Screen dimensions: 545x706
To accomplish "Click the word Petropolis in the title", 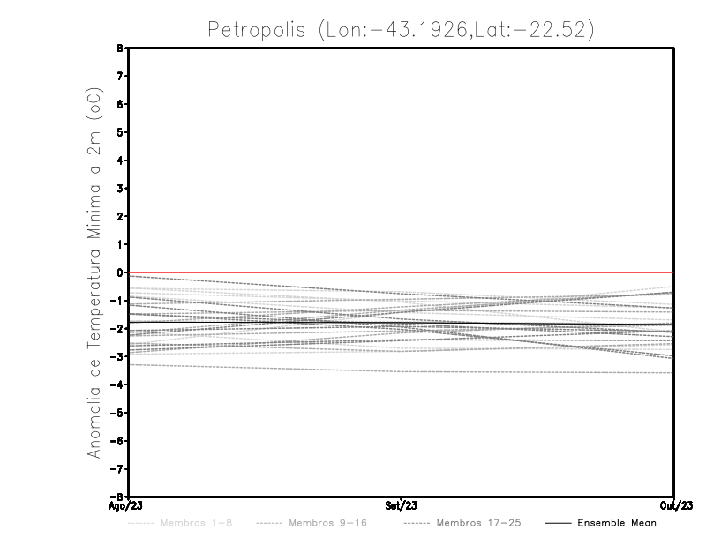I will [255, 29].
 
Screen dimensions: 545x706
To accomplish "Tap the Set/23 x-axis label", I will [402, 505].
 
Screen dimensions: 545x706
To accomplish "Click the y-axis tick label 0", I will [119, 272].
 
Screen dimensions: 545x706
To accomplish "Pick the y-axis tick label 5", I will [119, 132].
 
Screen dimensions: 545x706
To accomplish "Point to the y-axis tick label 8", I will [119, 49].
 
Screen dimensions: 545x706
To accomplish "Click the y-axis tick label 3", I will [119, 189].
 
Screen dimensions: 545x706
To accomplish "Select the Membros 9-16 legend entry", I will [327, 523].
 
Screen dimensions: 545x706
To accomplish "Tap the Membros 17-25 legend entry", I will [477, 523].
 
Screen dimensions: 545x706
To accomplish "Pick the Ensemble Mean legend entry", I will [616, 523].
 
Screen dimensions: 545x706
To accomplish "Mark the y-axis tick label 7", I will [119, 77].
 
